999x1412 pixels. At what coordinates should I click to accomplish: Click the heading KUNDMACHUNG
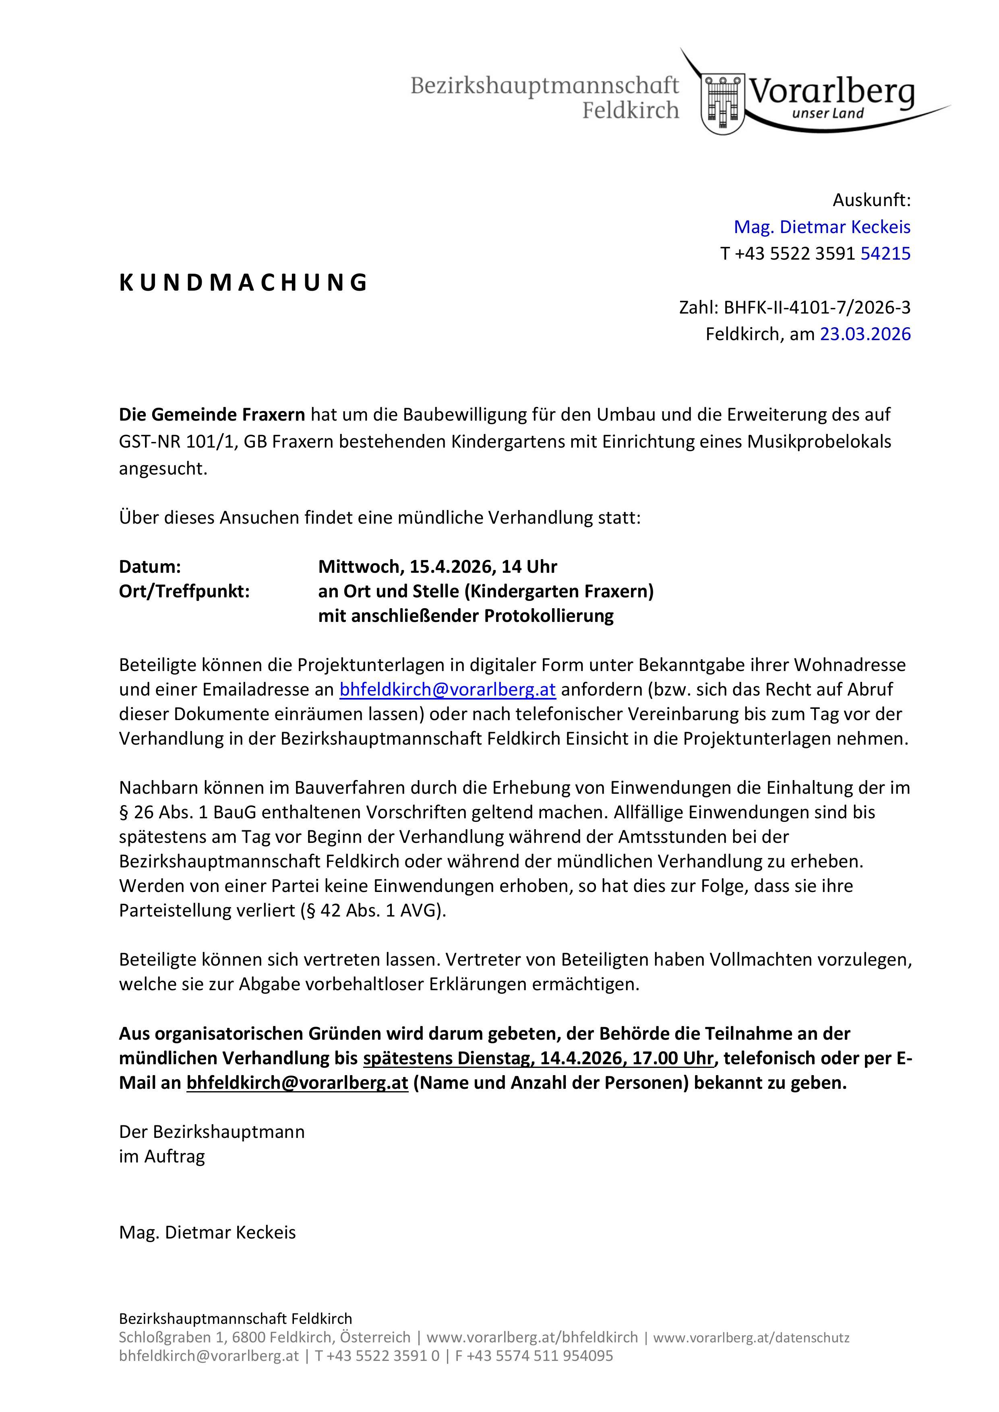pos(243,282)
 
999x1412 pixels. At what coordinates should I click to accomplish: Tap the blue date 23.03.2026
pos(865,334)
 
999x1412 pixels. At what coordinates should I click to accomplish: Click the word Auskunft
pos(871,200)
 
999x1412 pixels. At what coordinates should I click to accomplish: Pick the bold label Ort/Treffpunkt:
pos(184,591)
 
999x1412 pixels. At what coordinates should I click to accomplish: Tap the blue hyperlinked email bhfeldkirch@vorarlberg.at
pos(448,689)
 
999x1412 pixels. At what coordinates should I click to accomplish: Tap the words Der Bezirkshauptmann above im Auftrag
pos(212,1131)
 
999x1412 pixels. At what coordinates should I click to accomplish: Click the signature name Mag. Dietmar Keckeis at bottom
pos(207,1232)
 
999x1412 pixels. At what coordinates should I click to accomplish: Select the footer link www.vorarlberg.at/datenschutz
pos(751,1337)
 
